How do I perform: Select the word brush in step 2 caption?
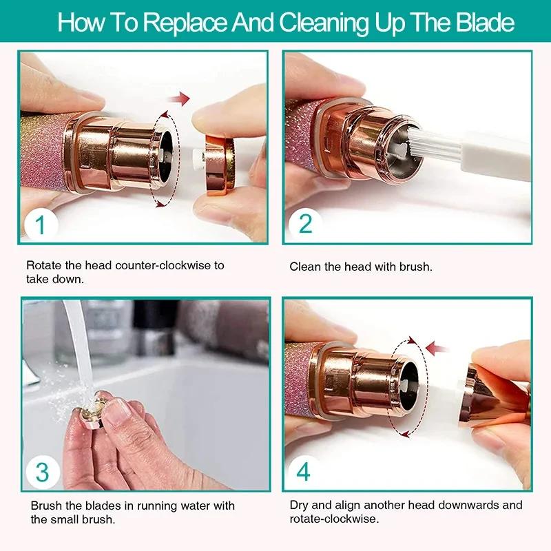coord(416,266)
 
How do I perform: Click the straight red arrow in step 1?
coord(180,100)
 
